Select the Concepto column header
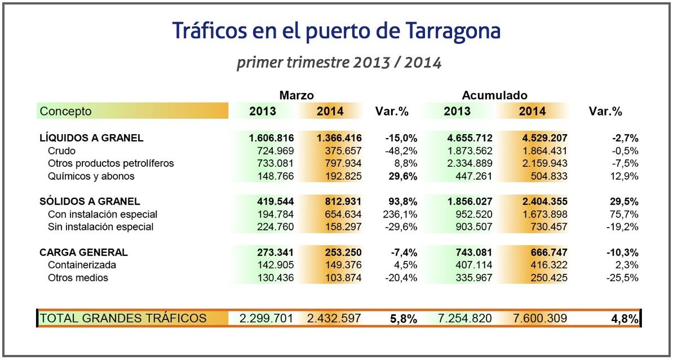65,111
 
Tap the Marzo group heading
296,95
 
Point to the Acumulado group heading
494,95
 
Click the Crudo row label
61,151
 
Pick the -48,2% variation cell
401,151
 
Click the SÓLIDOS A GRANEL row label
90,201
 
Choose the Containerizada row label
82,265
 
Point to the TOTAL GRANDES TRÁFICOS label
123,318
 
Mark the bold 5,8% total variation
403,319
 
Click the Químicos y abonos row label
91,176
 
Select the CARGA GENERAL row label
83,252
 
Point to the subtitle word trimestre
317,63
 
